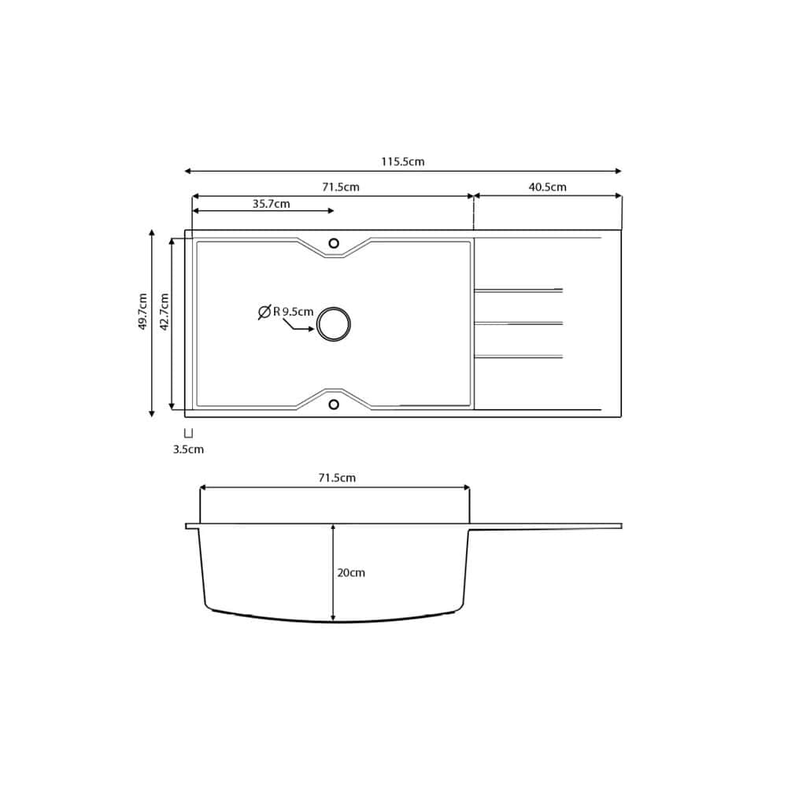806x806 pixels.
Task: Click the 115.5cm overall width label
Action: pyautogui.click(x=402, y=161)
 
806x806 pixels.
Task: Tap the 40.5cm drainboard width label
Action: pyautogui.click(x=548, y=187)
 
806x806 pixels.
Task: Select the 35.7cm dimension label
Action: pyautogui.click(x=271, y=204)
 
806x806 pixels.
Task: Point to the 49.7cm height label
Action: pyautogui.click(x=143, y=311)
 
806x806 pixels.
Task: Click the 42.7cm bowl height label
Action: pyautogui.click(x=165, y=312)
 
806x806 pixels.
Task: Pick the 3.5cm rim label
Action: pyautogui.click(x=188, y=449)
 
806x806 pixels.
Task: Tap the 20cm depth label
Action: pyautogui.click(x=351, y=573)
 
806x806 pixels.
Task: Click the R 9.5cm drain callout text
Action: pyautogui.click(x=293, y=312)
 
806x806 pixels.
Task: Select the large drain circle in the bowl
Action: pyautogui.click(x=334, y=324)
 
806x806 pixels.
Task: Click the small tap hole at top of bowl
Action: pyautogui.click(x=334, y=243)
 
